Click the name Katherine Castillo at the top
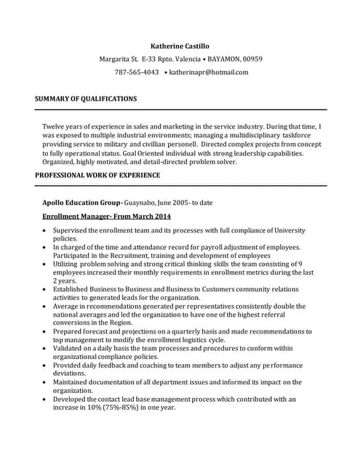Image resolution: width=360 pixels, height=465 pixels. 180,46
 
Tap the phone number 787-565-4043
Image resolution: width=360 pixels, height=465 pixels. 137,72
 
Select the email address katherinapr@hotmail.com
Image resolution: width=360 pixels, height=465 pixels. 209,72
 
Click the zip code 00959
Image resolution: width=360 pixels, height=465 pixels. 252,59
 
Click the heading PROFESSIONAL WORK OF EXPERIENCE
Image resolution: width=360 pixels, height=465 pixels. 98,176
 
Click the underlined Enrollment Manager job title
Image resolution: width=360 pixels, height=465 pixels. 107,217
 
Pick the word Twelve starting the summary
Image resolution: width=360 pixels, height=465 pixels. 55,126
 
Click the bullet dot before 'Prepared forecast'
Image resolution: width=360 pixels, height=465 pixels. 45,331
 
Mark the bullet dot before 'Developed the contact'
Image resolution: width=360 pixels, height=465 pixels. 45,399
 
